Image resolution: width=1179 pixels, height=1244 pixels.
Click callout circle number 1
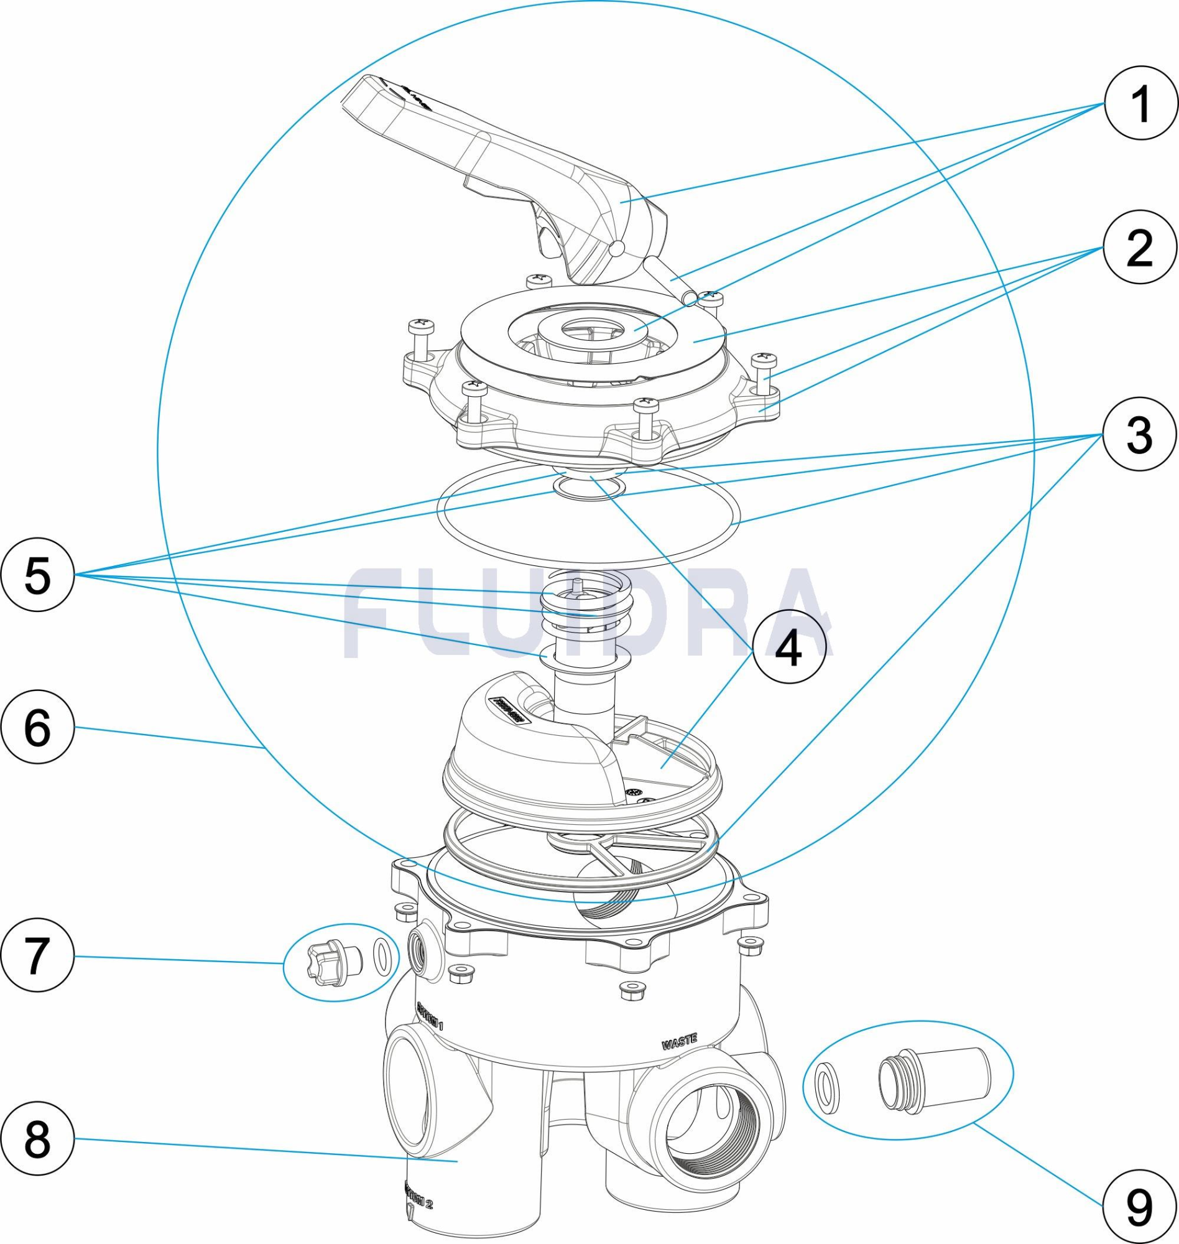[x=1140, y=104]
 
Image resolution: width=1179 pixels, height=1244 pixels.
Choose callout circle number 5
[x=38, y=575]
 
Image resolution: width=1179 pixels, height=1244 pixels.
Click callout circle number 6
[x=38, y=728]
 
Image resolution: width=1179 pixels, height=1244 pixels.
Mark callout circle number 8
[x=38, y=1138]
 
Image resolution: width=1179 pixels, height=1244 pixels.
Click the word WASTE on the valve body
[x=680, y=1043]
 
